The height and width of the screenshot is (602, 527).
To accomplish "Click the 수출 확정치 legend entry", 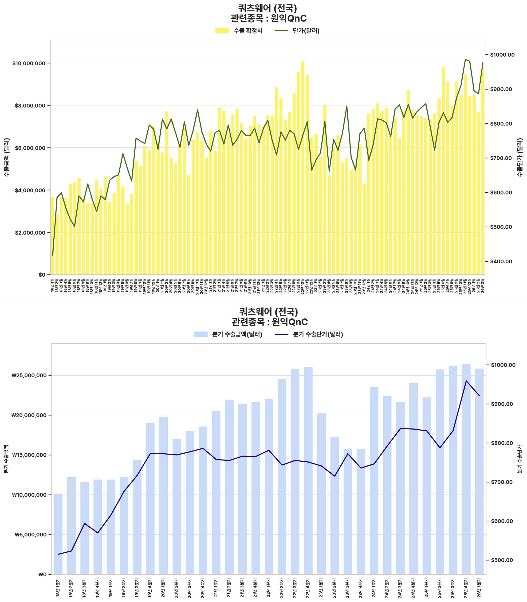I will coord(239,31).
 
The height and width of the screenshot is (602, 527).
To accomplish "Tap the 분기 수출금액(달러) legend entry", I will coord(228,334).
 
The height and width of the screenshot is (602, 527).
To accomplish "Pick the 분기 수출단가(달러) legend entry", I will coord(309,334).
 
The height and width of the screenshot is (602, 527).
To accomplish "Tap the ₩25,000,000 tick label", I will coord(29,376).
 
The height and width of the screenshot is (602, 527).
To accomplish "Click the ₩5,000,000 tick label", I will coord(30,535).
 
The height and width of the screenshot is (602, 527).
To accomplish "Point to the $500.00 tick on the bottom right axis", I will coord(501,560).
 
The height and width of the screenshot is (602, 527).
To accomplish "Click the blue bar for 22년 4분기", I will coord(308,471).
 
